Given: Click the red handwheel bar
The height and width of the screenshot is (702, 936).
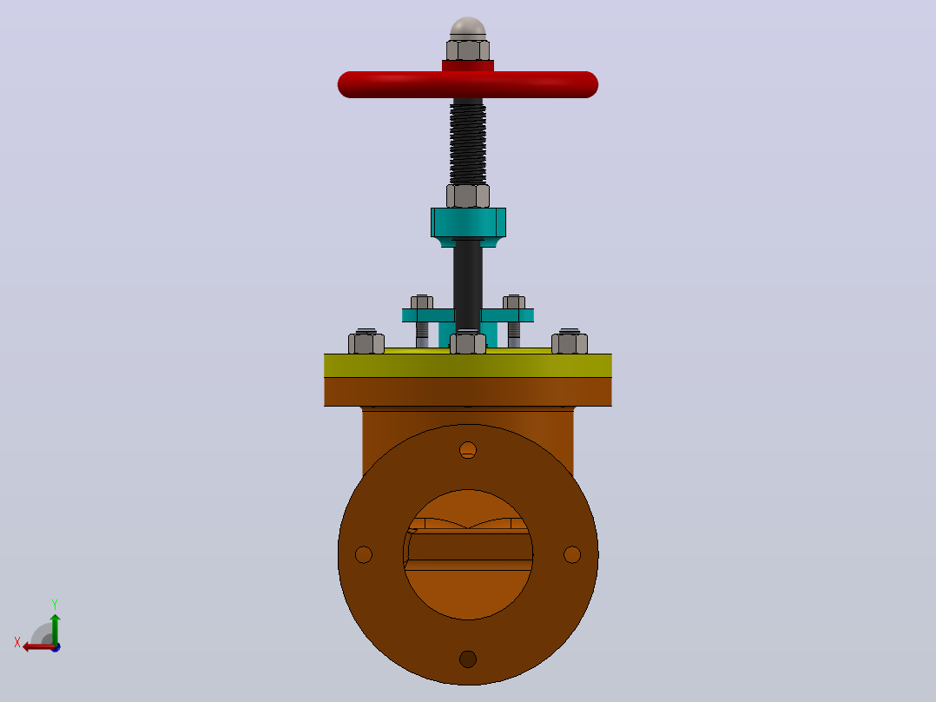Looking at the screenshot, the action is click(467, 84).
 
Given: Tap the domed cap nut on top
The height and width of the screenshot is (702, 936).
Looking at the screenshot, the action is click(468, 29).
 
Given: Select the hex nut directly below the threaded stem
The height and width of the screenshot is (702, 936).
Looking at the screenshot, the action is click(468, 196).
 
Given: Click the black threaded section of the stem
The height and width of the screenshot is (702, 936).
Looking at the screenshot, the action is click(467, 142).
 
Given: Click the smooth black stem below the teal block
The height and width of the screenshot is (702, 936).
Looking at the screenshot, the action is click(468, 288).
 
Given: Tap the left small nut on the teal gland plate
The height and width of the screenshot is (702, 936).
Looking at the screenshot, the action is click(421, 301).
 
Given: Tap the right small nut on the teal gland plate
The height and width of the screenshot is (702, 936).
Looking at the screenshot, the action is click(514, 301).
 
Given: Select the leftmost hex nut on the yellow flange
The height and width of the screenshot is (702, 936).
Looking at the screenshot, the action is click(366, 343).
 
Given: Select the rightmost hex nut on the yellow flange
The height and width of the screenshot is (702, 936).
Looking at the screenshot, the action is click(570, 343).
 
